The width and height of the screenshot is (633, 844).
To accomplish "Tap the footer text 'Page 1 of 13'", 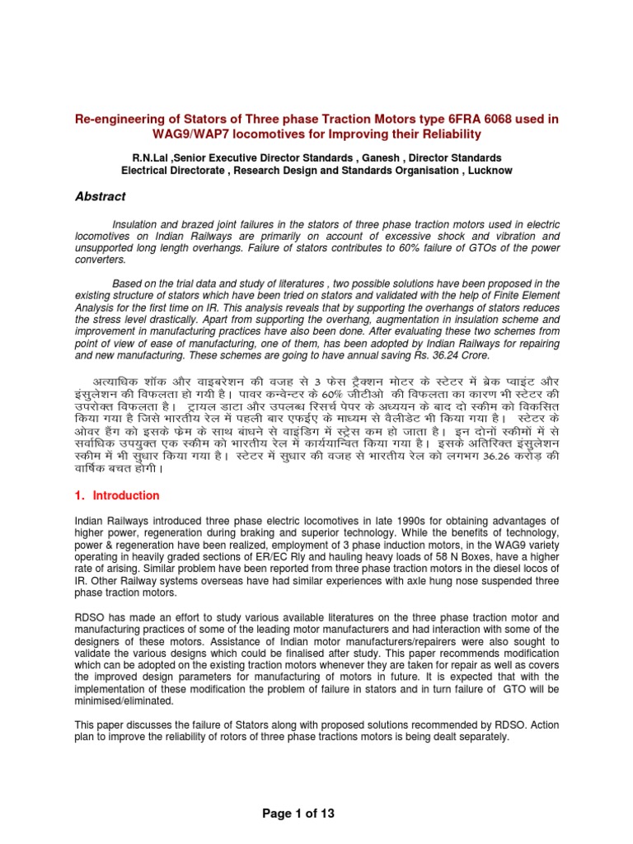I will coord(298,814).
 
